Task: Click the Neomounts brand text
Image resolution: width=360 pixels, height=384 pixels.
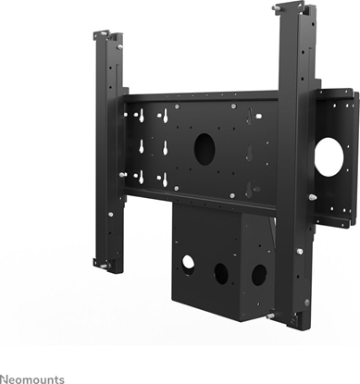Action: pos(32,378)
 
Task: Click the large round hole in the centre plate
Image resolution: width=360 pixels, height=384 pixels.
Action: pos(205,148)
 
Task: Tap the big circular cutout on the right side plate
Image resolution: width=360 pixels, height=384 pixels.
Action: pos(329,158)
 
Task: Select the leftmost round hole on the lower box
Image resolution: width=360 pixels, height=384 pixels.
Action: pos(188,262)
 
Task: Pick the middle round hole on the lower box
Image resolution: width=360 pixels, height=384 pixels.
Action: pos(222,273)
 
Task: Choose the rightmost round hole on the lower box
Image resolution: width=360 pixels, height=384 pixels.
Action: pos(259,275)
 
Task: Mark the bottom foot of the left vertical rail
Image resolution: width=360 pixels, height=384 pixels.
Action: pos(103,266)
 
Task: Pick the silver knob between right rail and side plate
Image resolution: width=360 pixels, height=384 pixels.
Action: pos(312,196)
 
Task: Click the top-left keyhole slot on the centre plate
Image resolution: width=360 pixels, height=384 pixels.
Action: pos(141,116)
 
